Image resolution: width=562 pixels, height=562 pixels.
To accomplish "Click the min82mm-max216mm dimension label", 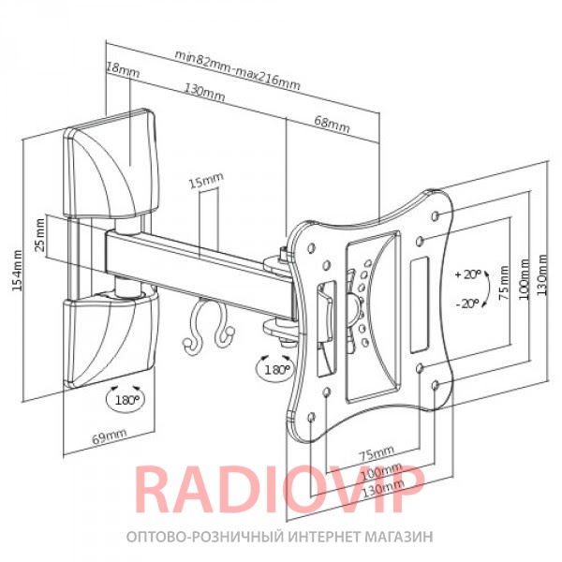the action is pos(237,70).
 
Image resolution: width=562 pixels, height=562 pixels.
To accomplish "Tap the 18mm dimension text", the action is pos(123,69).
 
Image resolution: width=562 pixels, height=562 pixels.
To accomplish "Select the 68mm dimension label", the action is pos(332,124).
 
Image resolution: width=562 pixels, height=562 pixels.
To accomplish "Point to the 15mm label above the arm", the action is pos(206,180).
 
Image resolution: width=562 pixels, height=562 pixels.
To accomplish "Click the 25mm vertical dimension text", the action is pos(40,235).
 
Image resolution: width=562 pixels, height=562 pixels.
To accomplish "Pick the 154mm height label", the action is pos(17,271).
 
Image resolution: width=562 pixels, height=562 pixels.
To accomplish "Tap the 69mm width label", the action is pos(110,436).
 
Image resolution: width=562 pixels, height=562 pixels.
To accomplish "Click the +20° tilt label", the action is pos(467,274).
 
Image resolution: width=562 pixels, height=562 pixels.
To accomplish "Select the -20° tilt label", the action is pos(467,303).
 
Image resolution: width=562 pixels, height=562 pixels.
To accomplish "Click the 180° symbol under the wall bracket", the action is pos(126,399).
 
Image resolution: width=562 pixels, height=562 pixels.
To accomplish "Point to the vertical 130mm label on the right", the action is pos(542,274).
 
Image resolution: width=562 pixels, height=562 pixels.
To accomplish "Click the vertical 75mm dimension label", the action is pos(504,283).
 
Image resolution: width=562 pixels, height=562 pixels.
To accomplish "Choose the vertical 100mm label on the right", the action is pos(524,279).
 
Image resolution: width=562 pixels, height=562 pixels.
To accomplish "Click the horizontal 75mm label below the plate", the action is pos(377,452).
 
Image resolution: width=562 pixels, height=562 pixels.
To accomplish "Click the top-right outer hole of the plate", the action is pos(436,215).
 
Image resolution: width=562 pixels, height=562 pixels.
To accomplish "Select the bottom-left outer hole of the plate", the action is pos(312,417).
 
